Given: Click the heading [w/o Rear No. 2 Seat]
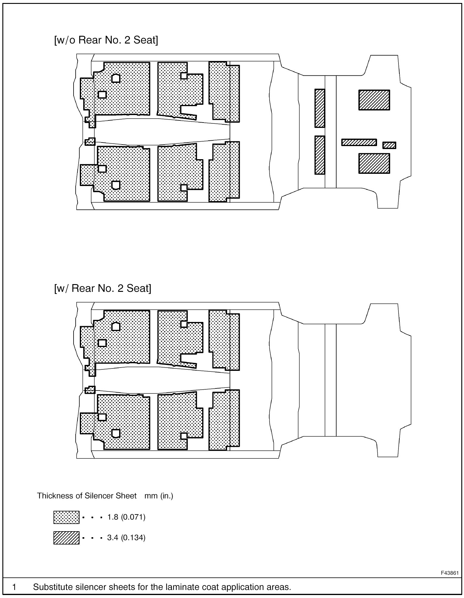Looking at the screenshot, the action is click(106, 40).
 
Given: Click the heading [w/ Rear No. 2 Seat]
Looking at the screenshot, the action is click(102, 288).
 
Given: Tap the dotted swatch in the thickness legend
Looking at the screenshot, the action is click(66, 517).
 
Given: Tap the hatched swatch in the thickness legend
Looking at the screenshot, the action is click(66, 538).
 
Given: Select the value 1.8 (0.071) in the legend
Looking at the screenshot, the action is click(126, 517).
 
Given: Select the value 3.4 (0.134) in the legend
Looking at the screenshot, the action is click(126, 537).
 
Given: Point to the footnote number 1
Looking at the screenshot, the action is click(14, 587).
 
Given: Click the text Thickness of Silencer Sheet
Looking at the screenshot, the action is click(87, 496).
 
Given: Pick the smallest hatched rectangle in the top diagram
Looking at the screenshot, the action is click(389, 145).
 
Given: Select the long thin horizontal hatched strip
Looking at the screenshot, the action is click(359, 142).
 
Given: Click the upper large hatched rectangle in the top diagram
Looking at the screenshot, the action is click(374, 100).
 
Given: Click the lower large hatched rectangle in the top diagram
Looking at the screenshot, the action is click(374, 163).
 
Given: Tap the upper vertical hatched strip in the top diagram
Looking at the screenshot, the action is click(320, 108).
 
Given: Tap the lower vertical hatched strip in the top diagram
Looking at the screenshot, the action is click(320, 155).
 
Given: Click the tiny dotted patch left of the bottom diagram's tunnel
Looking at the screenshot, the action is click(90, 390).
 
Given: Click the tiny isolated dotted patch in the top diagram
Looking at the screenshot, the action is click(90, 141).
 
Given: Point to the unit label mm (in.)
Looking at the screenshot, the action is click(159, 496).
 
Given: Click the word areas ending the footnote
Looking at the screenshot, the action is click(279, 587).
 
